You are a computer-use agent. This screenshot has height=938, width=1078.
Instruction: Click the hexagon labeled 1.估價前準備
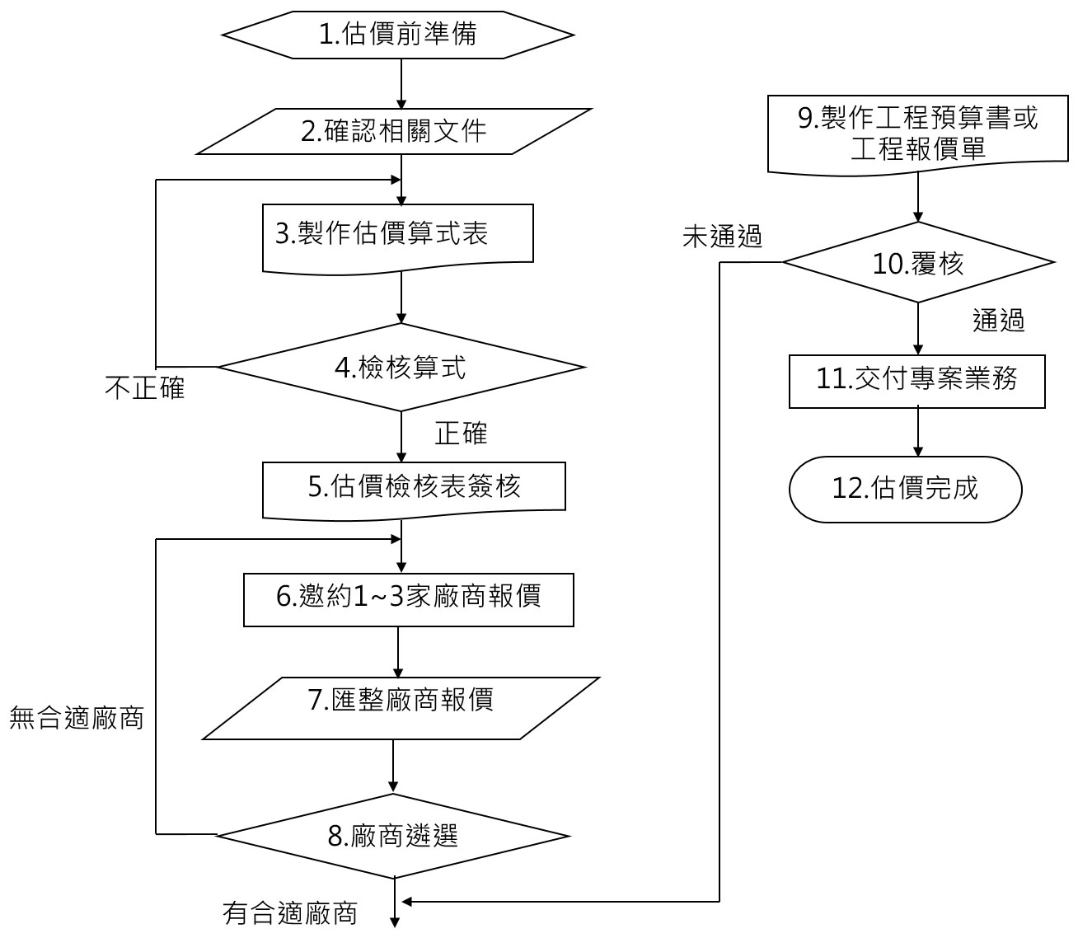(x=398, y=35)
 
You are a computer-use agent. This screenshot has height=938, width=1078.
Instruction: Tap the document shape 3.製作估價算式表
(x=397, y=237)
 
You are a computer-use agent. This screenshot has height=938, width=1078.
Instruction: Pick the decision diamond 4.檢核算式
(x=400, y=368)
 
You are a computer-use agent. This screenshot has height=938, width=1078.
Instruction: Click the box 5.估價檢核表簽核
(x=414, y=489)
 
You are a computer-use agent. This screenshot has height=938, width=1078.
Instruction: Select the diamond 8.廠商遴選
(x=393, y=836)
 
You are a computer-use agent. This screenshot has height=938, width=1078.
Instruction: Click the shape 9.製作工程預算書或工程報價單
(x=918, y=134)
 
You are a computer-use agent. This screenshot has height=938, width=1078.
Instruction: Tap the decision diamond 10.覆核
(x=918, y=263)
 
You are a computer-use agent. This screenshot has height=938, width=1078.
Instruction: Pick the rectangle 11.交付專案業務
(x=916, y=381)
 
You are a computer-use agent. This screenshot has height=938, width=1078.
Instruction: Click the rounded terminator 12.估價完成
(x=905, y=490)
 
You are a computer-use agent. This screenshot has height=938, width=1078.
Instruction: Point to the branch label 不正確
(x=145, y=387)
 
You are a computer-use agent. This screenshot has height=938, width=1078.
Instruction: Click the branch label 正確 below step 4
(x=461, y=434)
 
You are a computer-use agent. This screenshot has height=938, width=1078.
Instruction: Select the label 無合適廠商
(x=77, y=719)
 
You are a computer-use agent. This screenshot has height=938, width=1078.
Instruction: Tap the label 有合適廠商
(x=290, y=913)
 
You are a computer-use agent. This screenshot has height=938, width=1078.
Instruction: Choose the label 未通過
(x=722, y=238)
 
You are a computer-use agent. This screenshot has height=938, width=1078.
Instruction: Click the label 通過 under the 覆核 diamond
(x=998, y=321)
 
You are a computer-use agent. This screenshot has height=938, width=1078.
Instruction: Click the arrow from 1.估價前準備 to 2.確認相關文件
(x=400, y=83)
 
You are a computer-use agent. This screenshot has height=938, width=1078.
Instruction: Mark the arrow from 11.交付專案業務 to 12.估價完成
(x=917, y=432)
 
